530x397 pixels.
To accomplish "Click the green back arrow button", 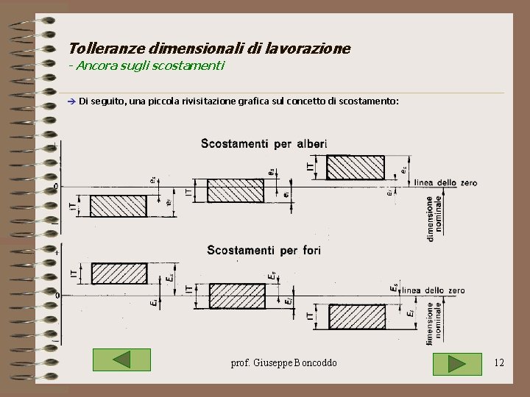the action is tap(122, 360).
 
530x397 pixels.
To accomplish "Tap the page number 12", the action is tap(499, 362).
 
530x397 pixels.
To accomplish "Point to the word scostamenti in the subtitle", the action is tap(191, 66).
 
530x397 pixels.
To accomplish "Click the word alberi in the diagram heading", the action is tap(311, 144).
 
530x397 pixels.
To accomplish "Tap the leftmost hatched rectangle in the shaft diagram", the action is tap(118, 207).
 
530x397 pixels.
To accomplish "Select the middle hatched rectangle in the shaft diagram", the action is tap(235, 190).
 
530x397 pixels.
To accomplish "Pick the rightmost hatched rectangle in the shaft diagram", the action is tap(355, 168).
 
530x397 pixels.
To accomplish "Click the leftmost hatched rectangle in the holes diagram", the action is tap(119, 273).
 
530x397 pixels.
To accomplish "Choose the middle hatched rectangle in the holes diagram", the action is tap(236, 296).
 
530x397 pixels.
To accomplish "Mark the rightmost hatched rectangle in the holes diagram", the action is tap(356, 317).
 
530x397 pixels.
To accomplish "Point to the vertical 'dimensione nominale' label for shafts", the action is tap(434, 218).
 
